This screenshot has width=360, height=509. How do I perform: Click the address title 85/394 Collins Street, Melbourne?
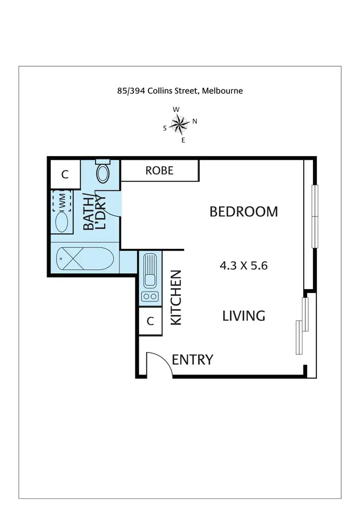click(x=180, y=90)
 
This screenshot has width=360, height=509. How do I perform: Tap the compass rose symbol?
click(x=180, y=125)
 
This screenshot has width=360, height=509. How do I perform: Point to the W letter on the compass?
click(x=176, y=109)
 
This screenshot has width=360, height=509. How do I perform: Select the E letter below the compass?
click(x=183, y=140)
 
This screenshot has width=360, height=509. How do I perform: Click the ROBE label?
click(x=159, y=170)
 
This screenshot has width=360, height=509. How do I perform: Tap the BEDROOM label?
click(x=243, y=212)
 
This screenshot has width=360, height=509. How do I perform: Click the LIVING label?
click(x=243, y=315)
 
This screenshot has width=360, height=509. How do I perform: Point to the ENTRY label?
click(x=192, y=360)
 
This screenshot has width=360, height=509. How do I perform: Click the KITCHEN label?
click(x=176, y=298)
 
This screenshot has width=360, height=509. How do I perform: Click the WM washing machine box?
click(x=62, y=201)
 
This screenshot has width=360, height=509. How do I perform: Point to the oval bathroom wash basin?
click(x=62, y=221)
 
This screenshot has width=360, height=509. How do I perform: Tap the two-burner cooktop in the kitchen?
click(x=150, y=296)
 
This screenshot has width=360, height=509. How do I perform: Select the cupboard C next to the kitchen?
click(x=150, y=321)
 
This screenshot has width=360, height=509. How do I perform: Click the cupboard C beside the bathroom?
click(x=65, y=174)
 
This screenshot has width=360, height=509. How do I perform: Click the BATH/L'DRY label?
click(x=95, y=211)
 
